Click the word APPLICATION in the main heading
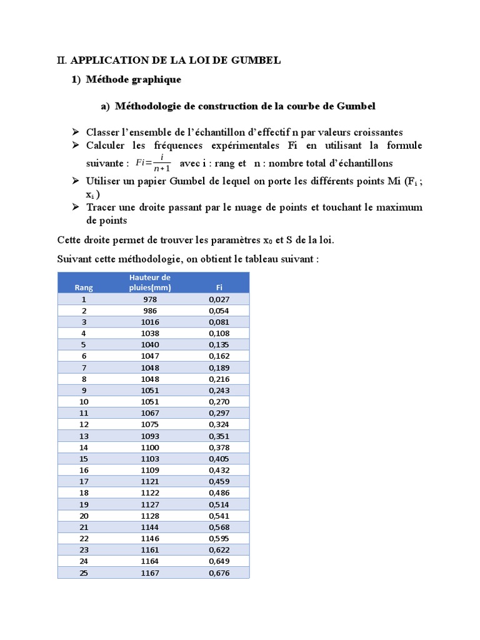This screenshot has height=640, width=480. coord(109,61)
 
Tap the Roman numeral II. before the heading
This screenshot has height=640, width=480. coord(61,61)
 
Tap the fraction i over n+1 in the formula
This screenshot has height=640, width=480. coord(162,163)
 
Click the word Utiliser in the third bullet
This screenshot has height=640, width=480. coord(104,181)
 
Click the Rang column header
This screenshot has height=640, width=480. coord(84,287)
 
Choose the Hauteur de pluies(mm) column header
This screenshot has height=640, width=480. coord(150,282)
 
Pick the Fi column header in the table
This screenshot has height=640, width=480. coord(219,287)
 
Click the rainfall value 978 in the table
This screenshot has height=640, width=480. coord(150,299)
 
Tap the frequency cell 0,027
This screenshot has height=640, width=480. coord(219,299)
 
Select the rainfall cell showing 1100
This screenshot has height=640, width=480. coord(150,447)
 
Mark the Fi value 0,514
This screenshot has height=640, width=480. coord(219,504)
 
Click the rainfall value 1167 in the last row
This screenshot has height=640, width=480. coord(150,572)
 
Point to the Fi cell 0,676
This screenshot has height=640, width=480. coord(219,572)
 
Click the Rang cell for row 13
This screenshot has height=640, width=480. coord(84,436)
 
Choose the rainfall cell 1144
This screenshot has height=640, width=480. coord(150,527)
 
